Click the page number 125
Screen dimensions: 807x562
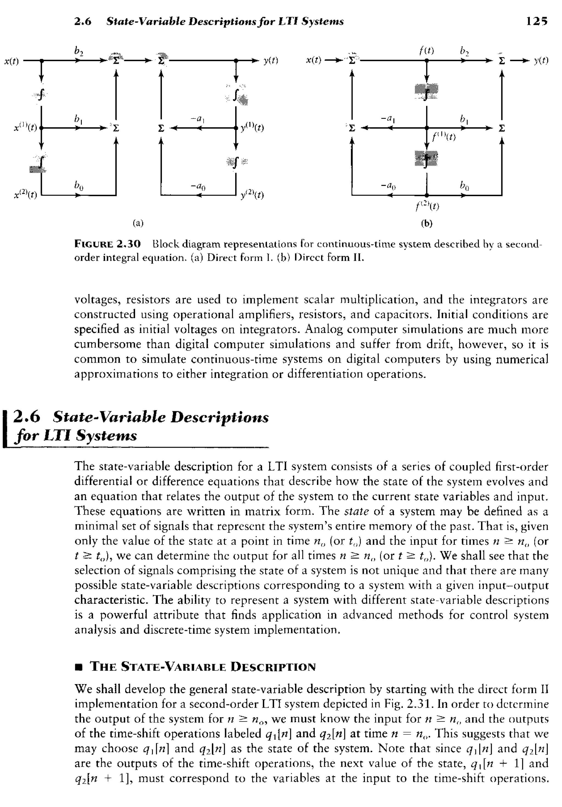pyautogui.click(x=537, y=21)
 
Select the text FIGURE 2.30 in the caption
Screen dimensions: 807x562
pyautogui.click(x=107, y=244)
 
